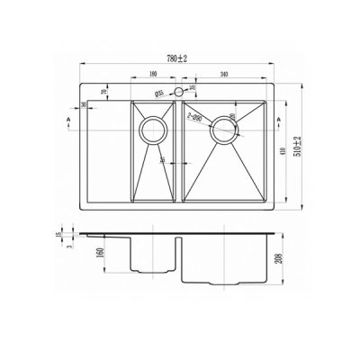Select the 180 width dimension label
coord(154,76)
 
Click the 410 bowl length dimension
coord(284,153)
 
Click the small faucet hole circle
coord(178,92)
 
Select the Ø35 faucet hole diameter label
coord(158,92)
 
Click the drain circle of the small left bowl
coord(152,129)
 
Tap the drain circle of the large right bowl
coord(222,129)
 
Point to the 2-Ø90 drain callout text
coord(195,115)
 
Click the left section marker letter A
coord(69,119)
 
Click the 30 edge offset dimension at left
coord(84,106)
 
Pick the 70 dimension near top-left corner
coord(103,91)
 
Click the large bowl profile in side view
coord(225,261)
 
